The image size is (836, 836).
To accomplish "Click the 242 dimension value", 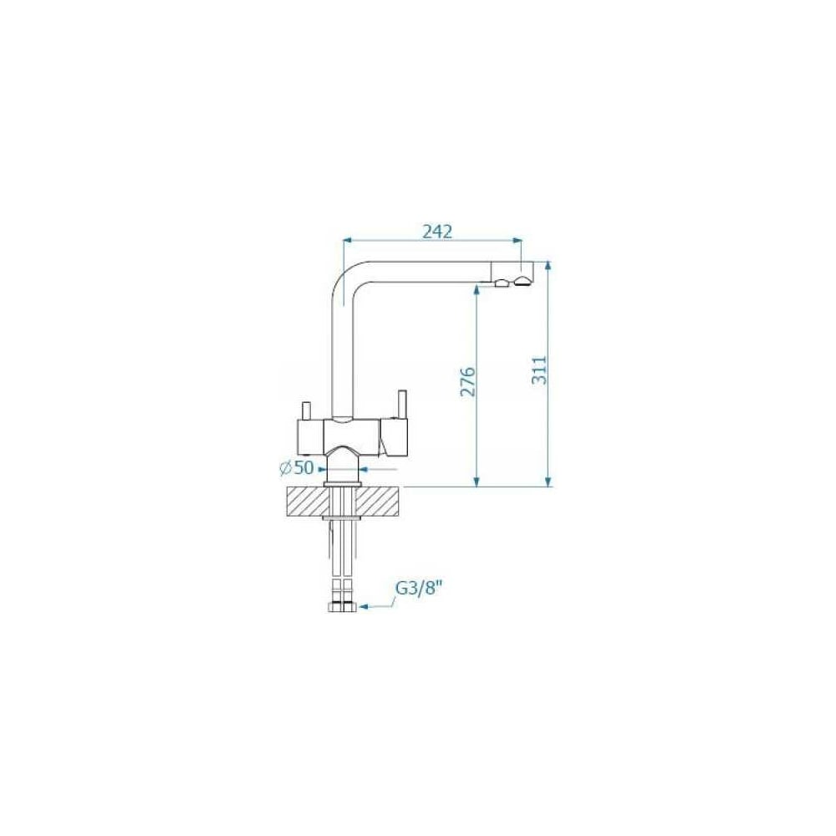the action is click(x=437, y=232).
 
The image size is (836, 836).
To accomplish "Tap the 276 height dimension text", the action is click(x=467, y=381).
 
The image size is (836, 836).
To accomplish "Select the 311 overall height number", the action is click(x=539, y=370).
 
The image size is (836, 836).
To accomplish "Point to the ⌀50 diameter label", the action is click(x=297, y=468).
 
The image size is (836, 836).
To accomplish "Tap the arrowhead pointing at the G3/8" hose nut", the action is click(x=365, y=607).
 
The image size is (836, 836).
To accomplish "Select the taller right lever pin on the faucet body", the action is click(x=401, y=405).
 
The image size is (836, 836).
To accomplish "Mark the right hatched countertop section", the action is click(x=377, y=502).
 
